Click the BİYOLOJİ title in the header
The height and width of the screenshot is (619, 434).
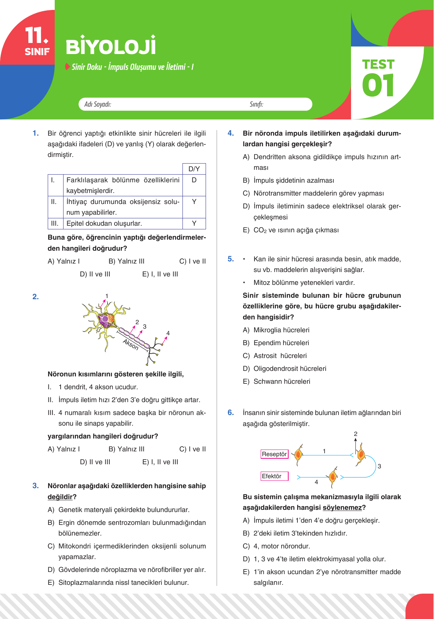coord(111,47)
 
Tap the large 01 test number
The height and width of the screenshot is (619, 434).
coord(378,85)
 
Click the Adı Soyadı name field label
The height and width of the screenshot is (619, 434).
coord(98,104)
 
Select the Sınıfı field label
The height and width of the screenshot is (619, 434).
coord(256,104)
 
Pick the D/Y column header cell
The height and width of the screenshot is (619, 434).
coord(194,169)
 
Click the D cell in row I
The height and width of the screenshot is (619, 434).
coord(194,180)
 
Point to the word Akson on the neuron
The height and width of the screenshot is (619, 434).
coord(131,345)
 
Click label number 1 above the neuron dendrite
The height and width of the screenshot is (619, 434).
coord(107,296)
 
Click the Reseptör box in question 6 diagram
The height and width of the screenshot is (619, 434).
coord(274,454)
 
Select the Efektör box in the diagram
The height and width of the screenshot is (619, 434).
coord(274,476)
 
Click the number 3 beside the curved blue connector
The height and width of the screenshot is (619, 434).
coord(379,466)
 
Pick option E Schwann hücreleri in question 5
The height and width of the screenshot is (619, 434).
coord(281,382)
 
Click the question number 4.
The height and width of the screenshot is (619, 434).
coord(231,133)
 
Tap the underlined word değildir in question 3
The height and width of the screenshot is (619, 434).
coord(60,497)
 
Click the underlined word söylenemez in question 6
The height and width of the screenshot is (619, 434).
coord(342,508)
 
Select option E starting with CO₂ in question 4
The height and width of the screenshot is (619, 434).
coord(296,230)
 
